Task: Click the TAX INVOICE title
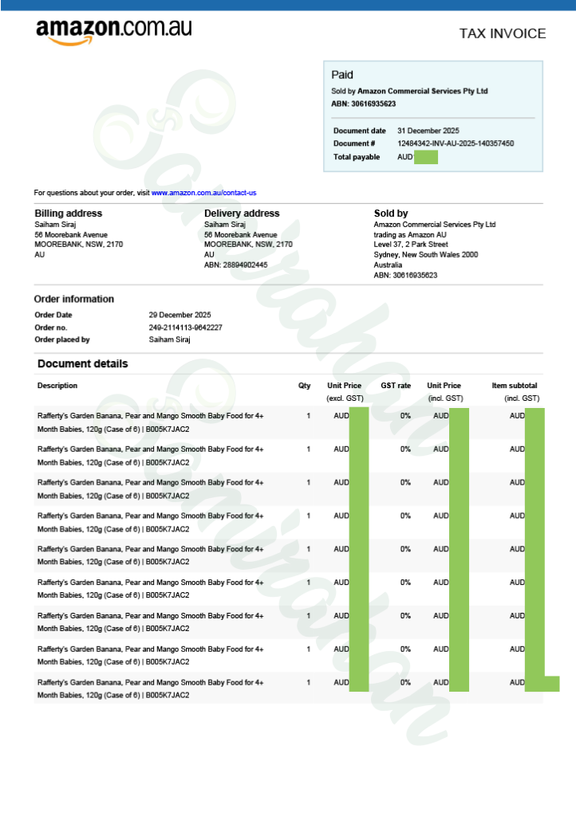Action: tap(503, 33)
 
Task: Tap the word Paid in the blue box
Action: tap(342, 75)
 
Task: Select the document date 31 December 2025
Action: tap(428, 131)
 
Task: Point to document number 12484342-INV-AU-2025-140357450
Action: tap(456, 143)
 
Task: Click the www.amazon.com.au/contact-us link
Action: tap(203, 193)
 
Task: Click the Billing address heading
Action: tap(68, 214)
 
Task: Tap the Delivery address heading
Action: tap(242, 214)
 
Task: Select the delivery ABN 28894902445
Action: tap(236, 265)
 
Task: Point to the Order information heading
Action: tap(73, 299)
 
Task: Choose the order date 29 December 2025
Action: tap(180, 315)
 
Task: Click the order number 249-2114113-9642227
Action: tap(185, 328)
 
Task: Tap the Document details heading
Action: tap(82, 364)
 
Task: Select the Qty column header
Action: tap(304, 386)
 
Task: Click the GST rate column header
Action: tap(396, 386)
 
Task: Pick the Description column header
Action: tap(57, 386)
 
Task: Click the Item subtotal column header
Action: tap(515, 386)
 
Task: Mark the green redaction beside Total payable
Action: tap(426, 157)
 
